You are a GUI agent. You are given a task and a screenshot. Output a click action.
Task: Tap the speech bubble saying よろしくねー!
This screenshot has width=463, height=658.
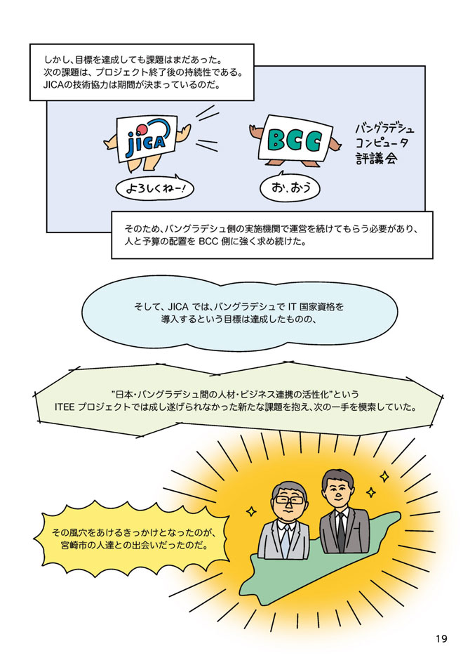pos(154,188)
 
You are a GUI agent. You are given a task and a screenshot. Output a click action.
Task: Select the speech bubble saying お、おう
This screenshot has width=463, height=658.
pos(290,187)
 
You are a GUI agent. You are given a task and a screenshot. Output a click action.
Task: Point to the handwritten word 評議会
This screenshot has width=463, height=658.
pos(376,159)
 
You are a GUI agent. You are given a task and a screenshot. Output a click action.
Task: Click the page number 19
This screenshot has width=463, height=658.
pos(441,639)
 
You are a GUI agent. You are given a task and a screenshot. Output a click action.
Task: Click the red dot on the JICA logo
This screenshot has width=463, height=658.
pos(142,130)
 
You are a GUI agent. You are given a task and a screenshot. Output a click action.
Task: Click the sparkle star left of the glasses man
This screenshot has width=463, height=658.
pos(251,511)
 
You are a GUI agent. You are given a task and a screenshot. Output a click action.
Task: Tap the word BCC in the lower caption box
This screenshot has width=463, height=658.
pos(208,242)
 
